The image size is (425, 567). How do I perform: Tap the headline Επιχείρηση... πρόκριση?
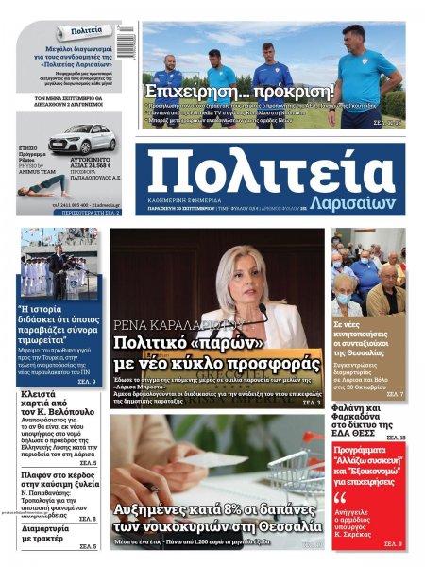[x=240, y=92]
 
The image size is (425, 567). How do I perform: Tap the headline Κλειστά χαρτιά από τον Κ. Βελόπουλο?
[x=59, y=403]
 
